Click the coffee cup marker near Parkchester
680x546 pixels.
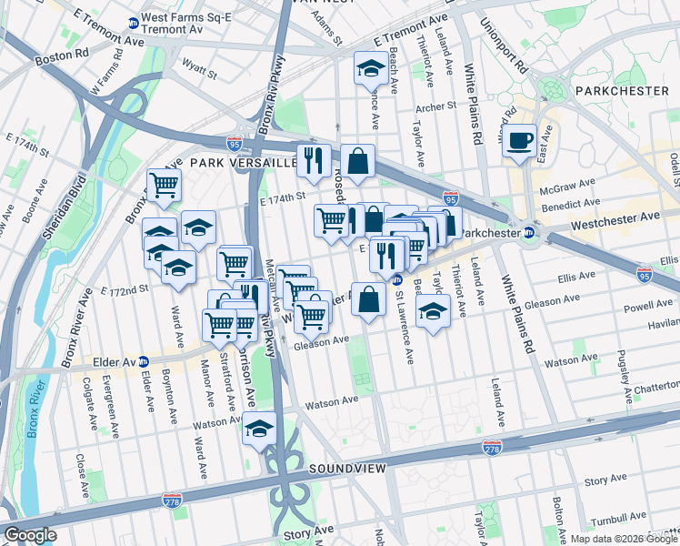tap(520, 141)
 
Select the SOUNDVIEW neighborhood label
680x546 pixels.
tap(347, 468)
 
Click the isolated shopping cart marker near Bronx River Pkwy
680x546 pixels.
tap(164, 186)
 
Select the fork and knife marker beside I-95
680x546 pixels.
tap(314, 160)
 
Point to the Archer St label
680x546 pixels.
tap(435, 106)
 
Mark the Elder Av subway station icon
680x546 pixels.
tap(143, 361)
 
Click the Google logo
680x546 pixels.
tap(30, 535)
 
